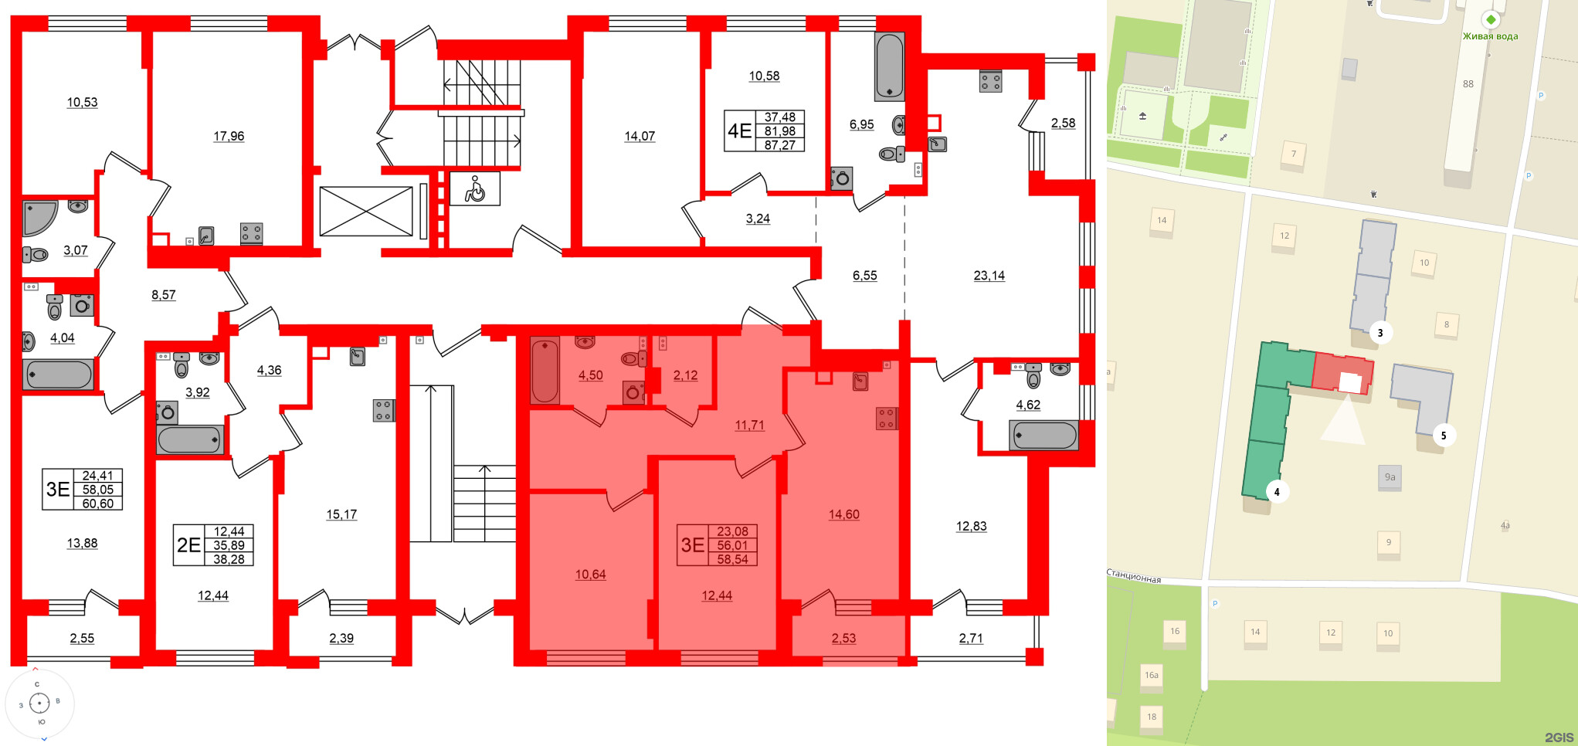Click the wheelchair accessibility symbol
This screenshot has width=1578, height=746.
[x=474, y=189]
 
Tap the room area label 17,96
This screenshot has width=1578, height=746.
[x=229, y=137]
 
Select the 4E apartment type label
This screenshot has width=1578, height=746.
[x=739, y=131]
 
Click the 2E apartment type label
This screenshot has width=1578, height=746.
[x=188, y=545]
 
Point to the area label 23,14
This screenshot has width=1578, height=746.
[x=989, y=276]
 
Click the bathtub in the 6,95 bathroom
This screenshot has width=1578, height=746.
[x=889, y=66]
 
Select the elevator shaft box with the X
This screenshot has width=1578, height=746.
[x=366, y=212]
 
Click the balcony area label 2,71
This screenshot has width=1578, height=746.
[x=971, y=639]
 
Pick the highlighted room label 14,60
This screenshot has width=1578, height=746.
[x=843, y=515]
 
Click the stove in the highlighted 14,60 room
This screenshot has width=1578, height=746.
[x=886, y=418]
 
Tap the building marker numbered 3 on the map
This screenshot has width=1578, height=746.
[x=1380, y=333]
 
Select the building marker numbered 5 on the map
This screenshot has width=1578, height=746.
[x=1443, y=436]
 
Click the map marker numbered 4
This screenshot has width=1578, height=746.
[x=1277, y=492]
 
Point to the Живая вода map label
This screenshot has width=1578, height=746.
[x=1490, y=36]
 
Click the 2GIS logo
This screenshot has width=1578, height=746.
[x=1559, y=737]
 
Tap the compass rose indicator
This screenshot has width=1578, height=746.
[x=39, y=703]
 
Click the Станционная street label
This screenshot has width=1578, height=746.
[x=1134, y=576]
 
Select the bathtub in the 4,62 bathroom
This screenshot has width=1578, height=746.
[x=1044, y=436]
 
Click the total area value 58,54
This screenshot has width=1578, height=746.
[x=732, y=559]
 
